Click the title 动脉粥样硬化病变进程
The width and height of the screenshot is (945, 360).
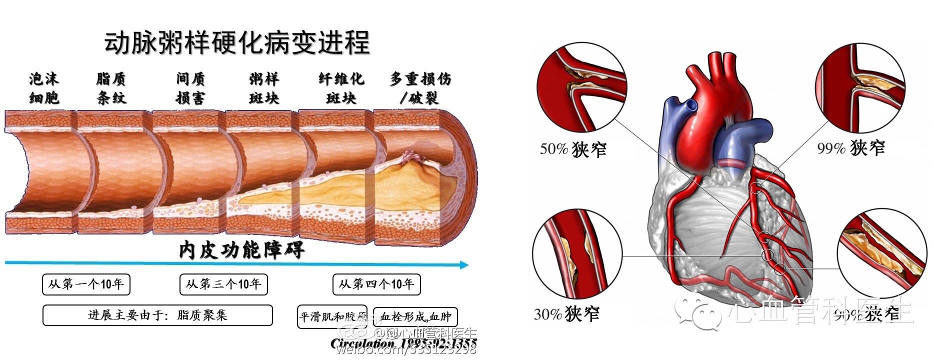pos(237,43)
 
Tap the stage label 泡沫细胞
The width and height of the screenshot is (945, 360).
pos(44,88)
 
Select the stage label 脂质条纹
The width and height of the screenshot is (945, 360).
pos(111,88)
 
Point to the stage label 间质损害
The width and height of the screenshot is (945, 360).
pos(190,88)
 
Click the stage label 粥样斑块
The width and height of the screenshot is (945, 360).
pos(264,88)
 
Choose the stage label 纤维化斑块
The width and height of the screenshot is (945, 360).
pos(341,88)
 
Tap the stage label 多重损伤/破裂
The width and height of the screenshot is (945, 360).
pos(420,88)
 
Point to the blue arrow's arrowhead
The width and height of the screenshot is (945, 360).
pos(464,264)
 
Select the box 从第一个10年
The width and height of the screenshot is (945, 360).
pos(86,284)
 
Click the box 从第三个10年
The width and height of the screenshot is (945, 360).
pos(223,284)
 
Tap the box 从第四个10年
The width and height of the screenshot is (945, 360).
pos(376,284)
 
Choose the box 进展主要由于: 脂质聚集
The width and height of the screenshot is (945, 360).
pos(157,315)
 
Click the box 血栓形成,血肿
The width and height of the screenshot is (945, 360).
pos(415,317)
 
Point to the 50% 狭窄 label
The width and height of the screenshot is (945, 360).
pos(573,149)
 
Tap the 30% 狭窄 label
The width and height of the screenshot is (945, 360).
pos(566,314)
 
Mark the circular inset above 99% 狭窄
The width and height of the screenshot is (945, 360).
pos(860,85)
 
